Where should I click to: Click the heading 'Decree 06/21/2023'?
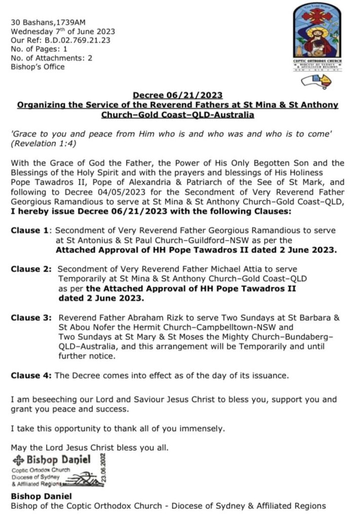[x=177, y=95]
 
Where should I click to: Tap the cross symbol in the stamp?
[x=19, y=460]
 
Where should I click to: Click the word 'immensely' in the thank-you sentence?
[x=200, y=429]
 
